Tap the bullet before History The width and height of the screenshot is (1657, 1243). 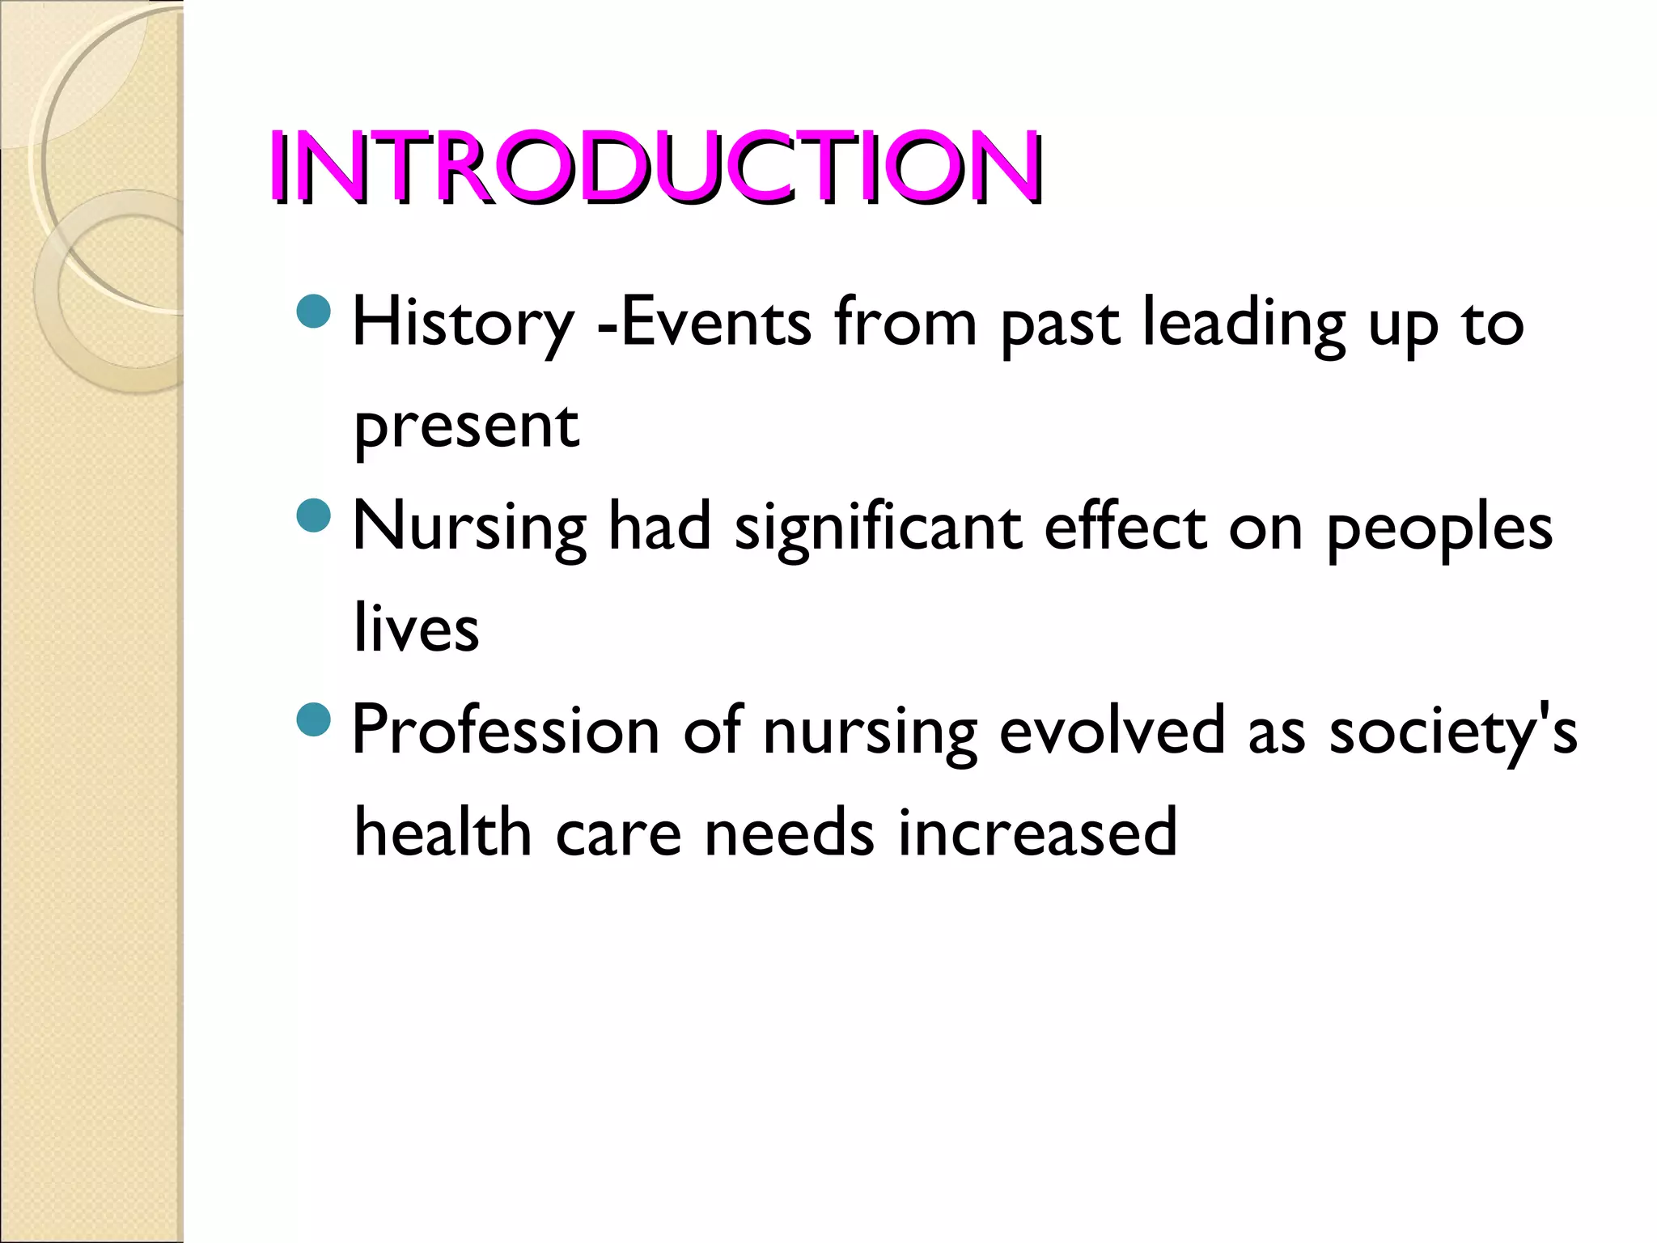click(314, 312)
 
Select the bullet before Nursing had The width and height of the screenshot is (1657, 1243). click(314, 515)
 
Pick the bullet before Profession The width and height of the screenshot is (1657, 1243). click(314, 719)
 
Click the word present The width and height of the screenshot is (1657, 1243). click(467, 426)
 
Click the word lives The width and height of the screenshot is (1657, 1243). click(417, 629)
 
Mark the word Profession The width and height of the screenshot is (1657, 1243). click(506, 731)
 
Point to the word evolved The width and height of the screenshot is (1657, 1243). click(1112, 731)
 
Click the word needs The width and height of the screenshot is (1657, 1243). click(790, 834)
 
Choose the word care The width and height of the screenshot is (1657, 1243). click(618, 834)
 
